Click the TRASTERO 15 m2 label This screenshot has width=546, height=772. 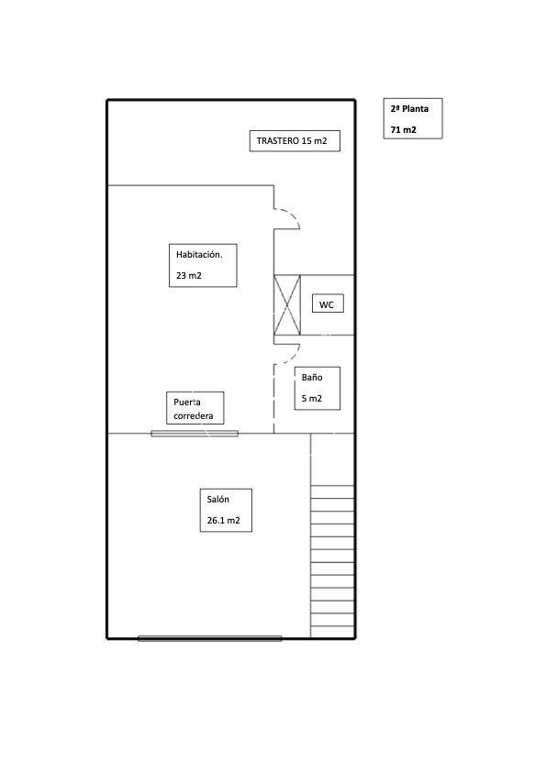(x=292, y=141)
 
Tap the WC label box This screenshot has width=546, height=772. (x=328, y=304)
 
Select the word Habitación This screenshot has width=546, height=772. (x=199, y=255)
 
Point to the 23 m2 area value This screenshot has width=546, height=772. (x=189, y=276)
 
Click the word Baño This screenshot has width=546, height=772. (x=312, y=378)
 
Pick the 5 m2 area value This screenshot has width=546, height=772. (x=311, y=398)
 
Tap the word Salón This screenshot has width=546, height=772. (x=217, y=500)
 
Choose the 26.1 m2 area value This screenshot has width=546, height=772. (x=223, y=521)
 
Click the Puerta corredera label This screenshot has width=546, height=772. (x=194, y=409)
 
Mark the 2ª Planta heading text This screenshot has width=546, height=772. (x=409, y=109)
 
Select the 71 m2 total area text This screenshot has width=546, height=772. (x=403, y=130)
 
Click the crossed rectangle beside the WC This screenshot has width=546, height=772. (x=287, y=305)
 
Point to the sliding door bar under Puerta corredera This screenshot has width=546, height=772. (x=195, y=434)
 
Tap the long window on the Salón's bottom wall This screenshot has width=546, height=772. (x=210, y=638)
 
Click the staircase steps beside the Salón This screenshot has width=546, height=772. (x=332, y=561)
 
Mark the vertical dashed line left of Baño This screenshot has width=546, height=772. (x=274, y=399)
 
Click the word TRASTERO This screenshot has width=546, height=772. (x=277, y=141)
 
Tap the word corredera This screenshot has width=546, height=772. (x=194, y=416)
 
